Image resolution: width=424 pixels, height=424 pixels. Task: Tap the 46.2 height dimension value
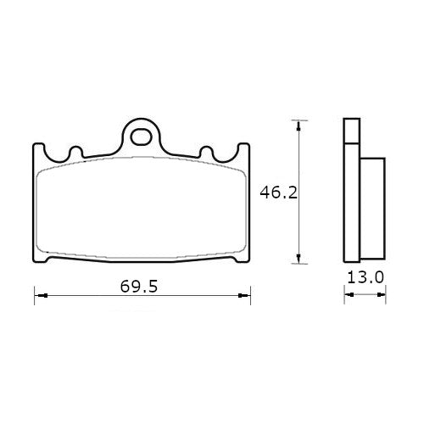tap(277, 192)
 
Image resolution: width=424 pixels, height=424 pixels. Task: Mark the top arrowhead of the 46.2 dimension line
tap(297, 125)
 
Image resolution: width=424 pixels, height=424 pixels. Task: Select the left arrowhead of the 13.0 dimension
tap(346, 296)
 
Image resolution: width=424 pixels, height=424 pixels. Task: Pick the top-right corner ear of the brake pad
tap(245, 148)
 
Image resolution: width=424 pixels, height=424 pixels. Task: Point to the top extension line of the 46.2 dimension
tap(293, 119)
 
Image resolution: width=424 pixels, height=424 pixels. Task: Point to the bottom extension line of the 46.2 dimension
tap(293, 264)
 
